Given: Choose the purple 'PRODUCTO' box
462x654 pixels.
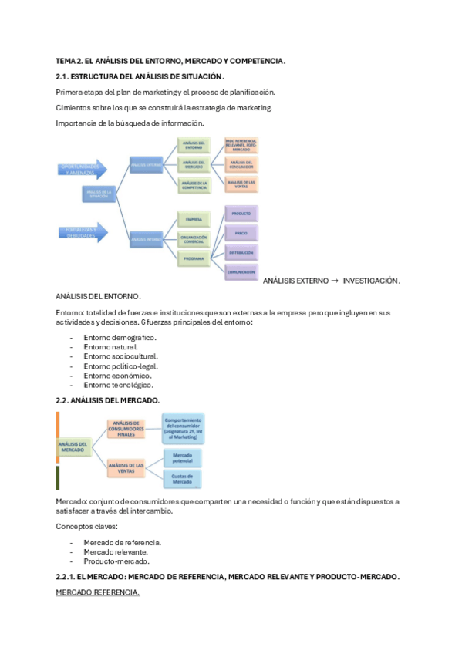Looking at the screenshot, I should tap(241, 212).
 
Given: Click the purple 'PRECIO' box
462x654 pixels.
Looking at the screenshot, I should tap(241, 233).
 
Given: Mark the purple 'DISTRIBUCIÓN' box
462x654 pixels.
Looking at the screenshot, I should tap(241, 253).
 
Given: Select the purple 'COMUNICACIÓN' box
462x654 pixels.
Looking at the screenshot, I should tap(241, 271).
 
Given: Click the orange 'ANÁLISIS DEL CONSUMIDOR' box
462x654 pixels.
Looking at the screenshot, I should tap(241, 163).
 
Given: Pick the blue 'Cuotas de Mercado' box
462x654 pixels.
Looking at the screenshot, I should tap(184, 480).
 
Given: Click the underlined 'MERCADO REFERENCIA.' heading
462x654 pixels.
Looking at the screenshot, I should tap(98, 592).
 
